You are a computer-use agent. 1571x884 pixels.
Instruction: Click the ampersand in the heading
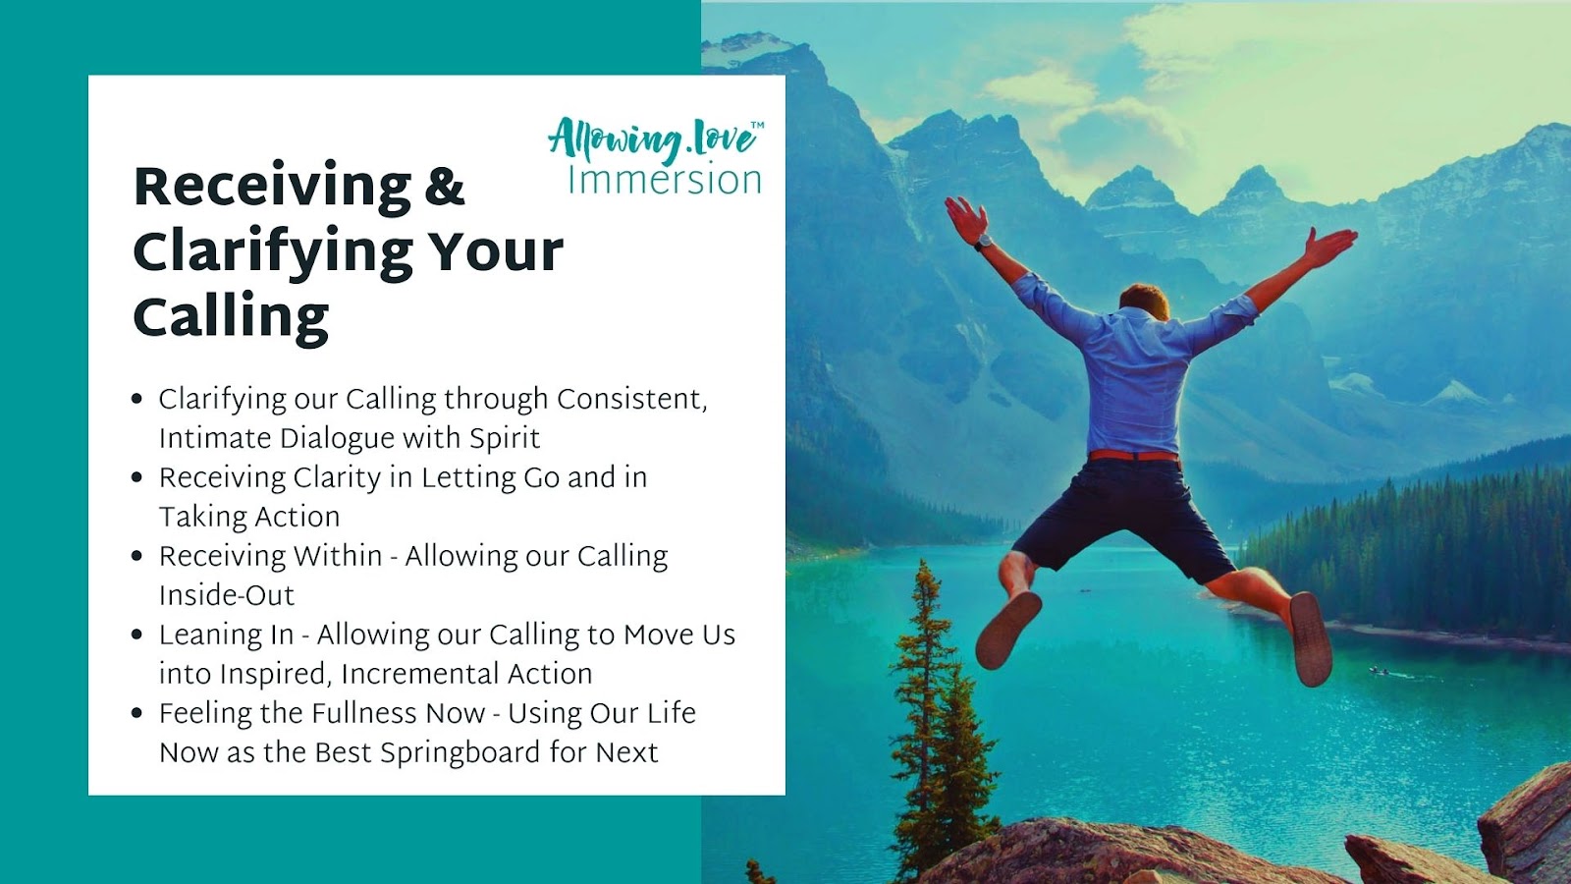(x=445, y=186)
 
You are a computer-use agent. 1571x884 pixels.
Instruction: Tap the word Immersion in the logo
(x=664, y=180)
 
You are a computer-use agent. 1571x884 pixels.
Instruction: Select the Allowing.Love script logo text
(x=651, y=138)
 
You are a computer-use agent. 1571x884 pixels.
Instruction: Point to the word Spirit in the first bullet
(x=505, y=438)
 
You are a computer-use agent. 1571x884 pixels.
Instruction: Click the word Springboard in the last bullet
(x=460, y=753)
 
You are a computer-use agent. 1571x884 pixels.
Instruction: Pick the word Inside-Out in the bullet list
(x=227, y=595)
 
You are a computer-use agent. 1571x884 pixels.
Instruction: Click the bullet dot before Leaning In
(x=136, y=635)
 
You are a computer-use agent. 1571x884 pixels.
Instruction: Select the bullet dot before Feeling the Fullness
(x=136, y=713)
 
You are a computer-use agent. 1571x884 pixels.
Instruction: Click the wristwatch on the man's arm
(x=983, y=242)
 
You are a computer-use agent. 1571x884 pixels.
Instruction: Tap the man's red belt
(x=1133, y=456)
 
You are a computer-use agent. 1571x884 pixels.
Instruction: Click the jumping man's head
(x=1144, y=301)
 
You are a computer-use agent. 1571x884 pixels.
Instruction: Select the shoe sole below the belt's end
(x=1310, y=639)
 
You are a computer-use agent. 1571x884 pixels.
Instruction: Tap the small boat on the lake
(x=1379, y=672)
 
